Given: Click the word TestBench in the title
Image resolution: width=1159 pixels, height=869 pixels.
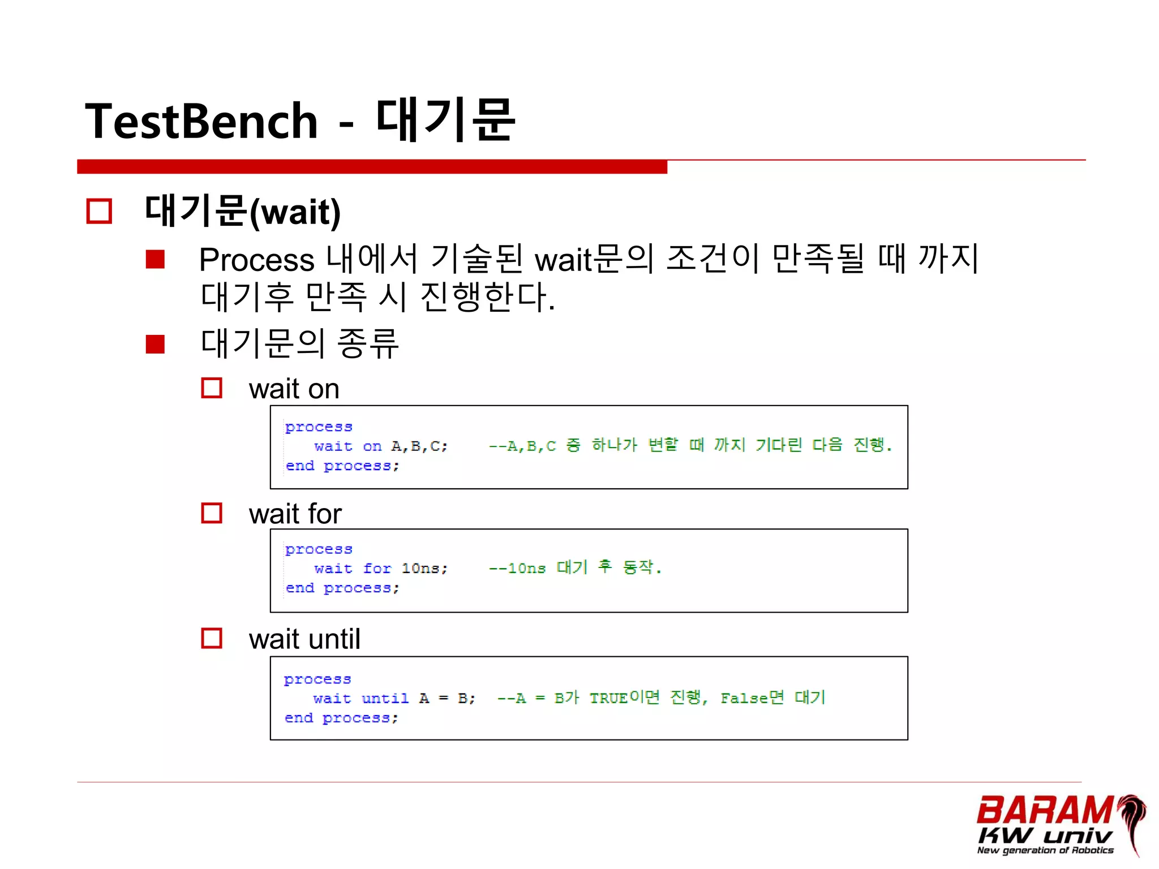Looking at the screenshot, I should point(201,121).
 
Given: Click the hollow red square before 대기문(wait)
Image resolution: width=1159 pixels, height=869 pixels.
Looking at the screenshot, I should point(99,211).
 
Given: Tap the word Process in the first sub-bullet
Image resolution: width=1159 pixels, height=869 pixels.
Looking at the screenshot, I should point(256,260).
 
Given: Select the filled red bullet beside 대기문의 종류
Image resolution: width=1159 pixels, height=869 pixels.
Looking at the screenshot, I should point(155,344).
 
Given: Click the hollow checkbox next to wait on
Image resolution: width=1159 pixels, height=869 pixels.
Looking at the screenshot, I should point(212,388).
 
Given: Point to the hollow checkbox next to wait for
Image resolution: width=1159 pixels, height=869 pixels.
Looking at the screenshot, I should point(212,513).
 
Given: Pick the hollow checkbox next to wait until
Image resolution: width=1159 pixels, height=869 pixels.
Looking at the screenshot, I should point(212,638).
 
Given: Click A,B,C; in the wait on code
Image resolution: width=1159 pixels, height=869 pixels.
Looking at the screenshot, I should point(419,446).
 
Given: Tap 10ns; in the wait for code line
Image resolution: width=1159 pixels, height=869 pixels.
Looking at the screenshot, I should point(424,569).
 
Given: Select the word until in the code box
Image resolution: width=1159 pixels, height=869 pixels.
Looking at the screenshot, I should point(385,699).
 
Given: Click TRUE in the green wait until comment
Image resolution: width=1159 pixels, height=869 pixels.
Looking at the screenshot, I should point(608,699).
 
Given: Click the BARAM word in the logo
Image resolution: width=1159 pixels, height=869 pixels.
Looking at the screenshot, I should point(1044,811).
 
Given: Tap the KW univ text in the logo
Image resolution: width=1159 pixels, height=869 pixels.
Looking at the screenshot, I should point(1044,836).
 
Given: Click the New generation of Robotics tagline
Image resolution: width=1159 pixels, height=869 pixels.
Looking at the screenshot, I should point(1045,850).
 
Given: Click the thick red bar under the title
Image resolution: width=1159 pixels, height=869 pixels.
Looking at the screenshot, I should point(372,167).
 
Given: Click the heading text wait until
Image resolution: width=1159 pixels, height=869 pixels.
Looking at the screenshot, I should point(304,639).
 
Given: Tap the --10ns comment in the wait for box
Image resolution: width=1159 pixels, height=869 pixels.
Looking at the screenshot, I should point(517,569).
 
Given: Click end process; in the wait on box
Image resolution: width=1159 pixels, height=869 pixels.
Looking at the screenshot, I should point(342,466).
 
